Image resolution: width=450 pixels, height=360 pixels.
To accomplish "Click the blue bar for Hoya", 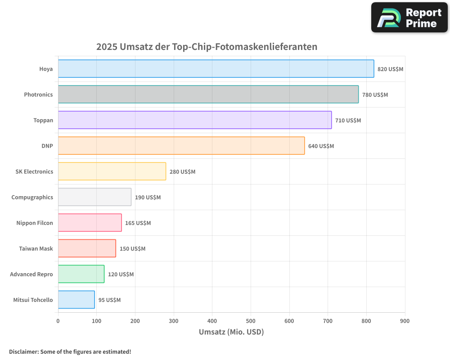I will click(216, 69).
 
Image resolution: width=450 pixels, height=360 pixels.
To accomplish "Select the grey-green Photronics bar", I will click(208, 94).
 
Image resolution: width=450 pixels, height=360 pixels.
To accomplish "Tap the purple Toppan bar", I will click(195, 120).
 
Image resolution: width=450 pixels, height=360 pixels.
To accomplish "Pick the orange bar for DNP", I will click(181, 146).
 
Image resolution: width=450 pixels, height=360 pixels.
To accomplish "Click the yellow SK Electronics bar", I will click(112, 171).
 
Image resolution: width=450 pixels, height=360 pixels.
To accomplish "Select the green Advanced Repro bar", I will click(81, 274).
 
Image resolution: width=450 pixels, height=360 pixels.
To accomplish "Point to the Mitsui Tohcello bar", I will click(76, 300).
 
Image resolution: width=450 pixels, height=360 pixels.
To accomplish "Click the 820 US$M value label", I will click(390, 69).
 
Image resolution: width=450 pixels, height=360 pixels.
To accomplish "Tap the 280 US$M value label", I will click(182, 172).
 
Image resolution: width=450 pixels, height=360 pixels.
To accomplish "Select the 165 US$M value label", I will click(138, 223).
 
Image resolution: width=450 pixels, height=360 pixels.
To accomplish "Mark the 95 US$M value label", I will click(109, 300).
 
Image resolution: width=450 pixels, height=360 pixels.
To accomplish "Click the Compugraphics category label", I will click(32, 198).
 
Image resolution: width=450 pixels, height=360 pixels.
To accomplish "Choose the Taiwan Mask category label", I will click(36, 249).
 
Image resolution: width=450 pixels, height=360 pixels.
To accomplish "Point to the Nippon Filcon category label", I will click(35, 223).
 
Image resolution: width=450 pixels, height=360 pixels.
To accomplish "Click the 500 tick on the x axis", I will click(251, 321).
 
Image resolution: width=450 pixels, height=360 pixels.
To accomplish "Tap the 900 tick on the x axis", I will click(405, 321).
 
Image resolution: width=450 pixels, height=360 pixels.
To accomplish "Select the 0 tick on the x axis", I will click(58, 321).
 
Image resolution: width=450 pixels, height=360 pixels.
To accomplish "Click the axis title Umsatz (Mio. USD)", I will click(231, 332).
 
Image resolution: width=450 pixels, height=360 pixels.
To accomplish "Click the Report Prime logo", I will click(409, 18).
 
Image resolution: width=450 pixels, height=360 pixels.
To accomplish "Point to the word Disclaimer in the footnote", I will click(23, 352).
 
